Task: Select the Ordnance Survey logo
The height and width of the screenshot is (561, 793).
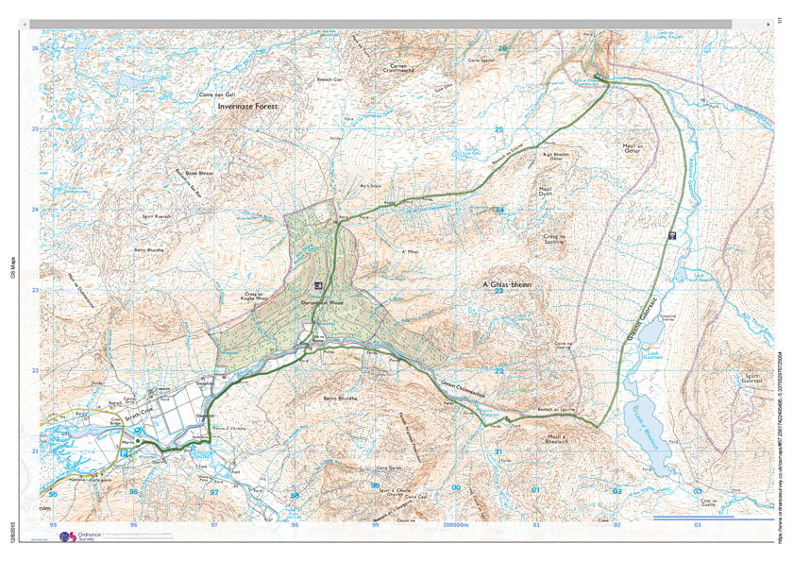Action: click(x=79, y=536)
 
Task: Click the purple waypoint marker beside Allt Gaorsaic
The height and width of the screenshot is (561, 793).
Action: click(x=671, y=234)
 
